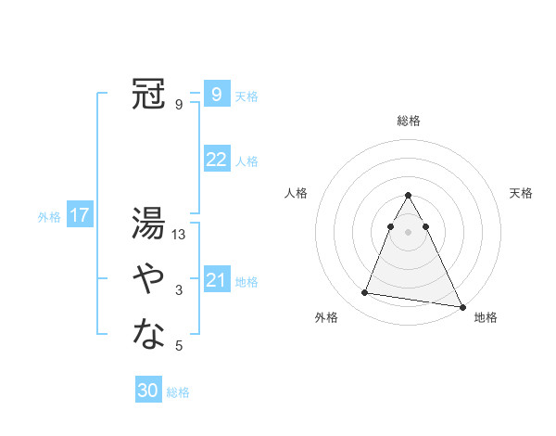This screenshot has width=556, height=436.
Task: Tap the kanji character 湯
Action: click(x=149, y=224)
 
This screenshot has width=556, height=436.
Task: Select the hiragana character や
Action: click(x=149, y=277)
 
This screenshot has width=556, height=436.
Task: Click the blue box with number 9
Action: click(x=216, y=94)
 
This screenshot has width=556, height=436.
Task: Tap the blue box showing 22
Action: click(x=216, y=160)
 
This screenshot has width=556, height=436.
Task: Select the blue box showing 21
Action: click(x=216, y=280)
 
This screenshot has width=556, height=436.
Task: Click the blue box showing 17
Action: click(x=80, y=216)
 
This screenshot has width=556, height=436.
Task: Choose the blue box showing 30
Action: click(x=148, y=391)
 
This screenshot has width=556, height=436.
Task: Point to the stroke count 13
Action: click(x=180, y=235)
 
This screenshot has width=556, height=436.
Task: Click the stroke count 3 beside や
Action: click(x=179, y=290)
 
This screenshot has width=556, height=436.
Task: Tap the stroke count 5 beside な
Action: click(x=179, y=346)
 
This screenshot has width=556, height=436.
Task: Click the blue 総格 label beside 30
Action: click(x=178, y=392)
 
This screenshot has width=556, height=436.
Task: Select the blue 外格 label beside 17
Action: click(x=49, y=217)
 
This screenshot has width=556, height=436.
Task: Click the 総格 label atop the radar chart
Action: click(x=409, y=121)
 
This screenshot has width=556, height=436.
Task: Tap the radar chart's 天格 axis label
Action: click(x=522, y=193)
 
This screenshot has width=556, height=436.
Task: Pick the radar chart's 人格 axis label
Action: click(x=296, y=193)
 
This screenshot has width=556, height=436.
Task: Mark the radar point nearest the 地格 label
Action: click(x=461, y=306)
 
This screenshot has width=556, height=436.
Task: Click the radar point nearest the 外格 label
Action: click(x=365, y=293)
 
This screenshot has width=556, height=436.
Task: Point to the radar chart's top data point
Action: click(x=409, y=196)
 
